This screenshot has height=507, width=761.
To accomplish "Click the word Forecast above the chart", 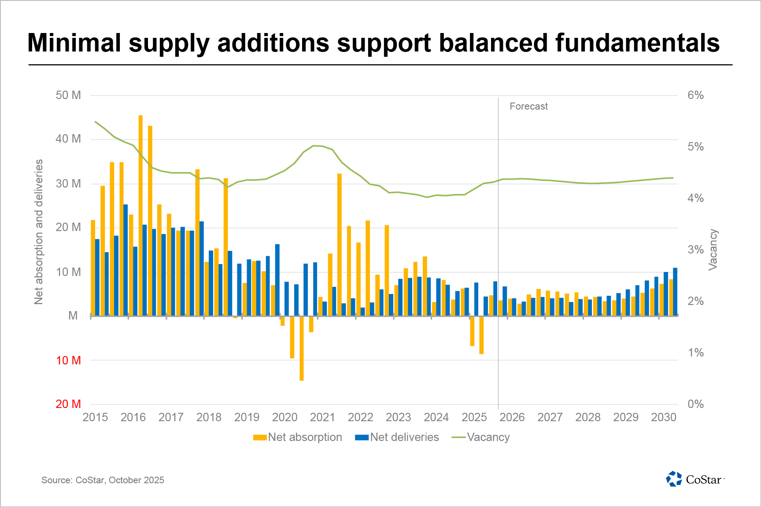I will click(x=528, y=107).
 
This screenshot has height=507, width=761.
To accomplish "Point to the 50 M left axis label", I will click(x=68, y=96).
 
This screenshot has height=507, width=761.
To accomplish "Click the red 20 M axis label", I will click(x=68, y=404).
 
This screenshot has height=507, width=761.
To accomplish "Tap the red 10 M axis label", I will click(x=68, y=360).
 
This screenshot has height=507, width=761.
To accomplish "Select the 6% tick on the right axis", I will click(x=695, y=96).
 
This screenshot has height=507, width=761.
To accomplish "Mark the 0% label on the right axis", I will click(x=695, y=404).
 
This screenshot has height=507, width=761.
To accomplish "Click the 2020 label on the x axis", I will click(x=284, y=417).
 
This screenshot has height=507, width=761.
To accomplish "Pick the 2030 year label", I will click(x=664, y=417).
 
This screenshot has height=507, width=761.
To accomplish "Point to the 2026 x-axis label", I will click(x=512, y=417).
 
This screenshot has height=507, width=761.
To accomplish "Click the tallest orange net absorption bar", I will click(x=140, y=216).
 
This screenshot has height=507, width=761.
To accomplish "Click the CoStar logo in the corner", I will click(x=695, y=479).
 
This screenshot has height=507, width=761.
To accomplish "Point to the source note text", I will click(x=103, y=480).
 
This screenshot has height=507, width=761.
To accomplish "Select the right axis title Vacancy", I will click(x=713, y=249).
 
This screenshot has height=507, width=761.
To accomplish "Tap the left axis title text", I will click(x=39, y=231).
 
